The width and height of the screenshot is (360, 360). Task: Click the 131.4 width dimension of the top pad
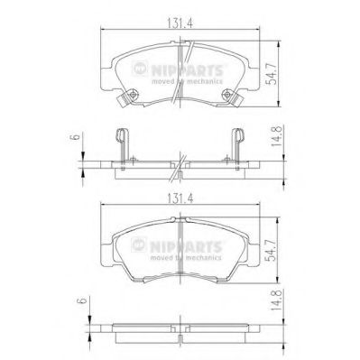[x=180, y=24]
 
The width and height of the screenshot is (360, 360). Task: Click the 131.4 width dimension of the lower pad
[x=180, y=198]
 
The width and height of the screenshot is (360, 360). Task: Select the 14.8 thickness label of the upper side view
[x=276, y=136]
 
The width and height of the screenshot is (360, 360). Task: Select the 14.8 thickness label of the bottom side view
[x=276, y=300]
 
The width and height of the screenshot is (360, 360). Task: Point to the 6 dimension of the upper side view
[x=76, y=136]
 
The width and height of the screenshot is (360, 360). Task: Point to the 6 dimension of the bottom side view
[x=82, y=300]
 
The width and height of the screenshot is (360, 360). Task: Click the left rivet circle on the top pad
[x=133, y=96]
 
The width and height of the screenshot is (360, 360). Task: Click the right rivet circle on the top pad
[x=226, y=96]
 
